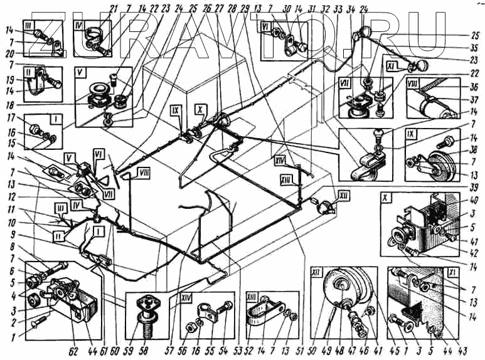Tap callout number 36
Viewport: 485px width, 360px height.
point(474,87)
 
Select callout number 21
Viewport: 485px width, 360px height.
point(114,8)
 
